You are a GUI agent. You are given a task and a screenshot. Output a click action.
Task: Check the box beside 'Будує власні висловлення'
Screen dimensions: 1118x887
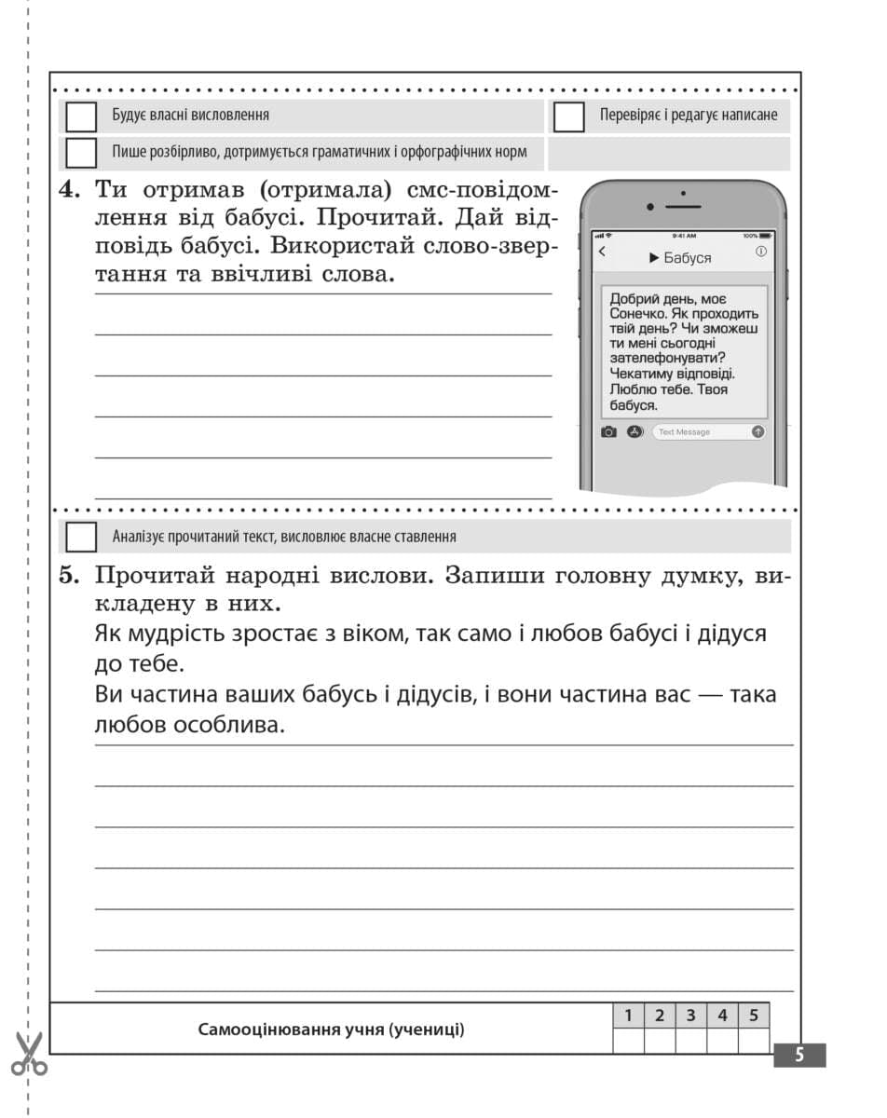[x=81, y=116]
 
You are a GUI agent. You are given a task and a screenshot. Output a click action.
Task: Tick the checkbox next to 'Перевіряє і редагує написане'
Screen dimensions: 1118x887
[x=568, y=117]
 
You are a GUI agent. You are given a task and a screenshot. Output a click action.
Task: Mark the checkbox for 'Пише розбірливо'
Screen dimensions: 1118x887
[x=81, y=152]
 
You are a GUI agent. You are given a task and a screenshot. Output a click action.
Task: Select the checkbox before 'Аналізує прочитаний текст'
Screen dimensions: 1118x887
[x=81, y=537]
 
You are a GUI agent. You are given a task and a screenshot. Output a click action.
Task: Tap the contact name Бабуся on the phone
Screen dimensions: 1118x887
[x=687, y=258]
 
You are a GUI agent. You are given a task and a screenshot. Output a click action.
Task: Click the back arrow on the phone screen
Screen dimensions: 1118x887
[x=602, y=252]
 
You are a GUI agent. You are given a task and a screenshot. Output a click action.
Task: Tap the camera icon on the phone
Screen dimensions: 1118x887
[x=608, y=431]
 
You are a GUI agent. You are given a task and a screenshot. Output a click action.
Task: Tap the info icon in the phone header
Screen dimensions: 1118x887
[x=761, y=252]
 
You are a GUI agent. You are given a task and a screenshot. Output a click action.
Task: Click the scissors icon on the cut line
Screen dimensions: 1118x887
[x=29, y=1053]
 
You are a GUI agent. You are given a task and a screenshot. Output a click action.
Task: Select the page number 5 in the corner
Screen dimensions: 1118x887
[x=798, y=1055]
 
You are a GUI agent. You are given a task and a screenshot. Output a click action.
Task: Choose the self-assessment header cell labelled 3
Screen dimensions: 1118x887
[x=690, y=1016]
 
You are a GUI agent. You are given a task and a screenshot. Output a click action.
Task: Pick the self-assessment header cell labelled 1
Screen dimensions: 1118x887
[x=628, y=1016]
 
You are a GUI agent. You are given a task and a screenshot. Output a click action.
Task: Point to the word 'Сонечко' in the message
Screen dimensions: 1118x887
[x=640, y=315]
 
